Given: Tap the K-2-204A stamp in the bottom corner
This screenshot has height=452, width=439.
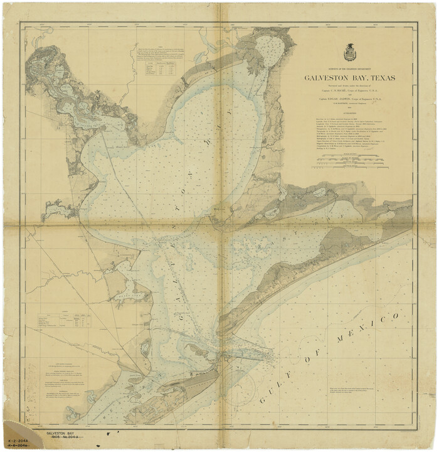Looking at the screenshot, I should pyautogui.click(x=18, y=434).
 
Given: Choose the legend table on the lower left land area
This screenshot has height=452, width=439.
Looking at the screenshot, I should pyautogui.click(x=63, y=321).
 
